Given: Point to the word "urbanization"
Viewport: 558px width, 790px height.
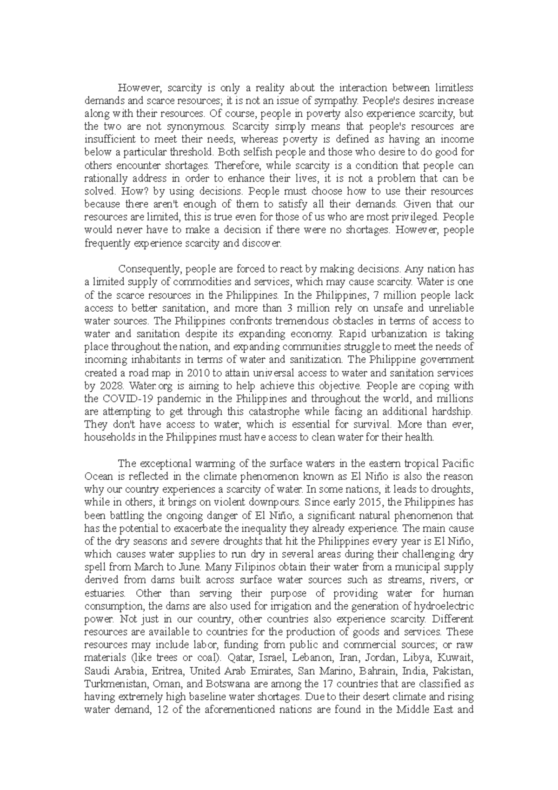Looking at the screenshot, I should [400, 334].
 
